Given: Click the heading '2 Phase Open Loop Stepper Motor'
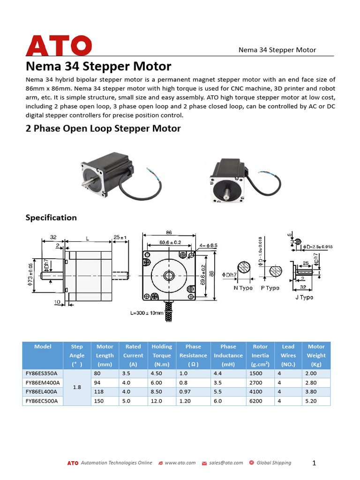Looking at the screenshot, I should tap(103, 128).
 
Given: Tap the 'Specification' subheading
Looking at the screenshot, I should tap(51, 217).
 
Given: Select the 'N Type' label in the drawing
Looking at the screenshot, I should tap(243, 288).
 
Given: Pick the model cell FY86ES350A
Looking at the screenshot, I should tap(41, 374).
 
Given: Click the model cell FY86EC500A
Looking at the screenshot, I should tap(41, 401).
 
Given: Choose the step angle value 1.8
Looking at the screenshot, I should tap(77, 388).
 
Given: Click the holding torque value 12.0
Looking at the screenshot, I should tap(157, 401).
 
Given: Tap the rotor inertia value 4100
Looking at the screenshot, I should tap(256, 392).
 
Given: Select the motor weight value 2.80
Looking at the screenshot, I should tap(311, 383).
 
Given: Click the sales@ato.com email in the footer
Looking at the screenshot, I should tap(226, 463).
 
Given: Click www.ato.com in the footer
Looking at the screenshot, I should tap(180, 463).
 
